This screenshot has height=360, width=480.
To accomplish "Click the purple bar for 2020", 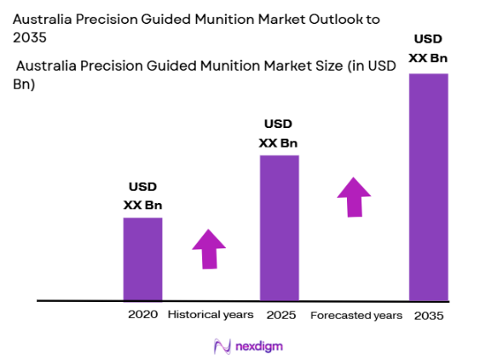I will pyautogui.click(x=142, y=258).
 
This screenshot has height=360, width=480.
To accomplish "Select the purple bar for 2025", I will pyautogui.click(x=279, y=228).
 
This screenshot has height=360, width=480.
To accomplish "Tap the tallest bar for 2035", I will pyautogui.click(x=428, y=188).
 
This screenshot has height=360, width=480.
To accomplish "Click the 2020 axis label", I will pyautogui.click(x=142, y=315).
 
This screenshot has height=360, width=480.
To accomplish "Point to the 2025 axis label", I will pyautogui.click(x=280, y=315).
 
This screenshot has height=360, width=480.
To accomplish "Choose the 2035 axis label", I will pyautogui.click(x=429, y=316).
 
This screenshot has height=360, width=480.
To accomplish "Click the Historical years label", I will pyautogui.click(x=211, y=315).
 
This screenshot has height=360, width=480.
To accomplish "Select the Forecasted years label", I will pyautogui.click(x=356, y=316).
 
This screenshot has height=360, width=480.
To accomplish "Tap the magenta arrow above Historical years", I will pyautogui.click(x=209, y=249).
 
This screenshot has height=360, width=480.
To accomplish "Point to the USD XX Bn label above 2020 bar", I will pyautogui.click(x=142, y=195).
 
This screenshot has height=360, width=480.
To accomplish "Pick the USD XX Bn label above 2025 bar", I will pyautogui.click(x=279, y=133).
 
